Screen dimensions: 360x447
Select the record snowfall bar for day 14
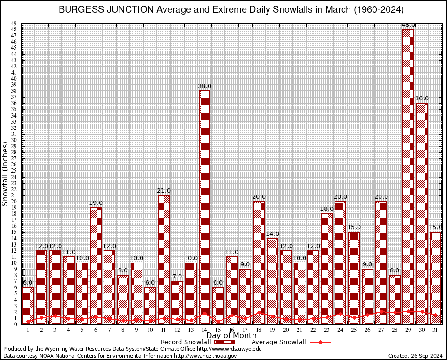(x=204, y=206)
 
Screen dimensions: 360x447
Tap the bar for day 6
(x=96, y=265)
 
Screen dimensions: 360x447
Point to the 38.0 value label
(x=204, y=86)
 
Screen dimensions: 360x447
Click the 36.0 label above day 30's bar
(x=422, y=98)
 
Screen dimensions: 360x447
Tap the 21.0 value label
(x=164, y=191)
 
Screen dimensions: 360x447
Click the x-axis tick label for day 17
(x=245, y=330)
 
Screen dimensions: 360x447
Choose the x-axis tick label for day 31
(x=435, y=330)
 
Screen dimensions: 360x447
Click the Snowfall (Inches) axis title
(x=5, y=174)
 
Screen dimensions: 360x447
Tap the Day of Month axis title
(x=231, y=336)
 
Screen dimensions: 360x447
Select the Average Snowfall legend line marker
(x=320, y=342)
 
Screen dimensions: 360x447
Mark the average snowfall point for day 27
(x=381, y=311)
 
